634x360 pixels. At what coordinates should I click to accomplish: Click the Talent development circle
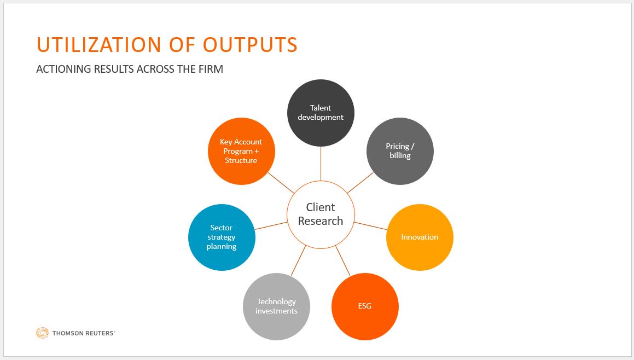tap(321, 112)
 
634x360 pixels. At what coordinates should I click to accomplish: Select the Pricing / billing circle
tap(400, 151)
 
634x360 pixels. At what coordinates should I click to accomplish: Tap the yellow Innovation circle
tap(420, 237)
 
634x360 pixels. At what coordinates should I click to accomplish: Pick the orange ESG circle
tap(365, 306)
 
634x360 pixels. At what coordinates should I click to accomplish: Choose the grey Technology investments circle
tap(276, 306)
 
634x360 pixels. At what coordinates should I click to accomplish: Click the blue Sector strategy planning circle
tap(222, 237)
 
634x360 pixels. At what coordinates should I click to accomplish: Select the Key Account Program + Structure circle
tap(241, 151)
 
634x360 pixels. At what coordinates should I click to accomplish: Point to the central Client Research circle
tap(321, 214)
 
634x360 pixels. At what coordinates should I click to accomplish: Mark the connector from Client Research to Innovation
tap(370, 225)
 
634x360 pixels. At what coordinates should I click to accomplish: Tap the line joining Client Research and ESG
tap(342, 260)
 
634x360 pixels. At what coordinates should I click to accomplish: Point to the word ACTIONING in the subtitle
tap(63, 69)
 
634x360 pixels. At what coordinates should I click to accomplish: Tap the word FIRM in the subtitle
tap(211, 69)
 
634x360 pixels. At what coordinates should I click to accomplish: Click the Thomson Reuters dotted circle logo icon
tap(42, 333)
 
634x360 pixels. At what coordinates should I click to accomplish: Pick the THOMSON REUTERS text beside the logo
tap(84, 333)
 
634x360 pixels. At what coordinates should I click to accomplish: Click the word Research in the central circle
tap(321, 221)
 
